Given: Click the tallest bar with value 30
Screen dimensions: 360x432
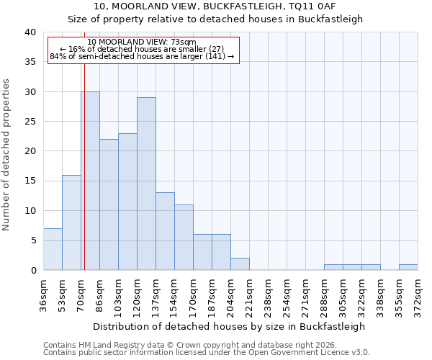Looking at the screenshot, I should [90, 181].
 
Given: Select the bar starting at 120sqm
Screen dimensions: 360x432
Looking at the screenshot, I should [146, 184].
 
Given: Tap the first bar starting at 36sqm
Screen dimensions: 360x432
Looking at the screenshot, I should [53, 249].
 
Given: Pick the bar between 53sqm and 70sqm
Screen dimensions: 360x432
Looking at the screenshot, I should [71, 222].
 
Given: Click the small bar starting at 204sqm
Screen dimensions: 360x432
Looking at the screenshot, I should [240, 264].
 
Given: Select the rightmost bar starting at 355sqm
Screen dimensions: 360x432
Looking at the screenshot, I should [408, 267].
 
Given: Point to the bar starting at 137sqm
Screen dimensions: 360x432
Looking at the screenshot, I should [165, 231].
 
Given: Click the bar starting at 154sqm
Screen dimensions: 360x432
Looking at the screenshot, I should [184, 238].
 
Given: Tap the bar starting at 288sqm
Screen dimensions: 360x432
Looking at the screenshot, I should [333, 267].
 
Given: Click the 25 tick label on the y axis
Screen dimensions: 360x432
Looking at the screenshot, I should [30, 122].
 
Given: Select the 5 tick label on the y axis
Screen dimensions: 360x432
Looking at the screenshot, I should [33, 240].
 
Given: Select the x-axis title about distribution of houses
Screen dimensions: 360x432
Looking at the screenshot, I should [229, 326].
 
